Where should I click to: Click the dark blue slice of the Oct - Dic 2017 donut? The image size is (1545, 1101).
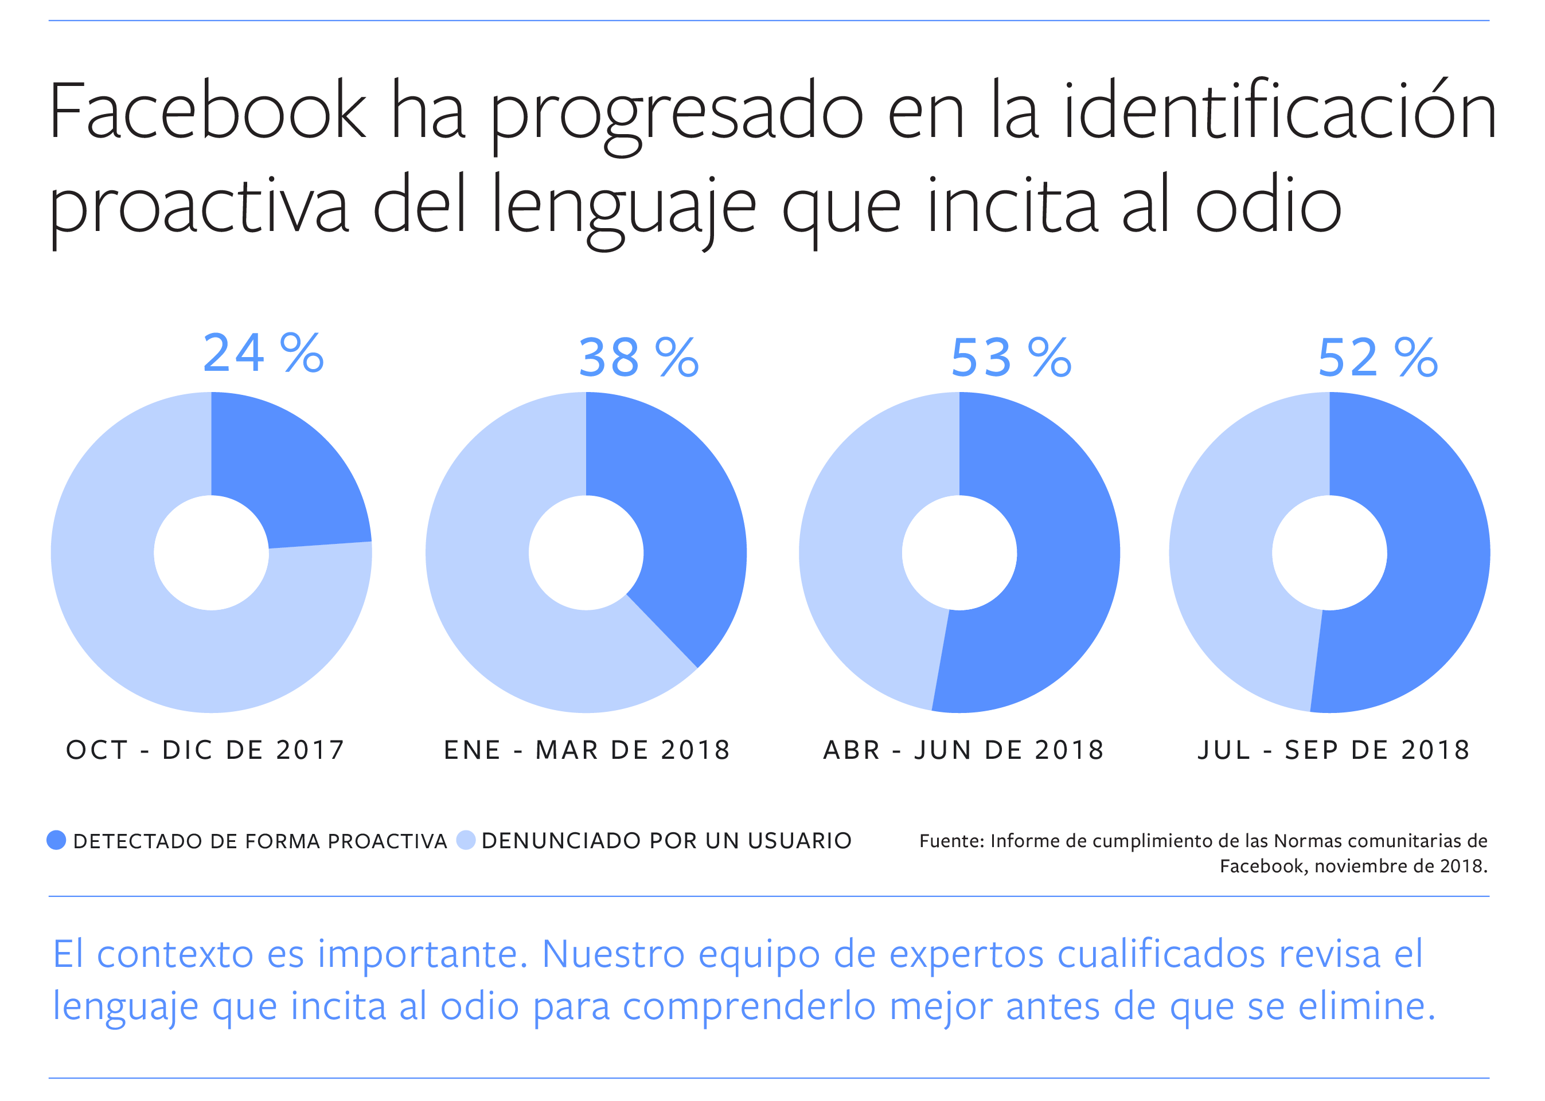(285, 475)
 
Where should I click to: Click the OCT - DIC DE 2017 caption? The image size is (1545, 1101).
(205, 750)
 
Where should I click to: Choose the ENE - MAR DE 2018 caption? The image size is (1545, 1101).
(587, 750)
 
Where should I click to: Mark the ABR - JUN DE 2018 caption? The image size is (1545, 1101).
(963, 750)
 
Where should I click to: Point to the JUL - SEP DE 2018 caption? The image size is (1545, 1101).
(1333, 750)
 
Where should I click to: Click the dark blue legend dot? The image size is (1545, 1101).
(56, 841)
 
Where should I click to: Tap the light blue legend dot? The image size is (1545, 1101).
(465, 841)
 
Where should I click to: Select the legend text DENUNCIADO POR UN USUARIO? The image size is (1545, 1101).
(666, 841)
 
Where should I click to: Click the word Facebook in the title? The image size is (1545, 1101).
(208, 112)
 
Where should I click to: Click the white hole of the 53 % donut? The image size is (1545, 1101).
(959, 553)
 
